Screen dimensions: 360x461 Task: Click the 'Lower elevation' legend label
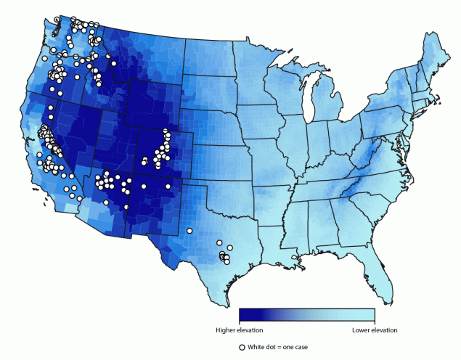[x=375, y=330]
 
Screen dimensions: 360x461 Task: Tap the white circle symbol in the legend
[x=242, y=347]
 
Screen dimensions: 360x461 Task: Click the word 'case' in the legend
[x=300, y=347]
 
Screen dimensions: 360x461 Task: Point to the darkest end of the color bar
[x=242, y=315]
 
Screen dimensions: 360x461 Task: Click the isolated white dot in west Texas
[x=189, y=231]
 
